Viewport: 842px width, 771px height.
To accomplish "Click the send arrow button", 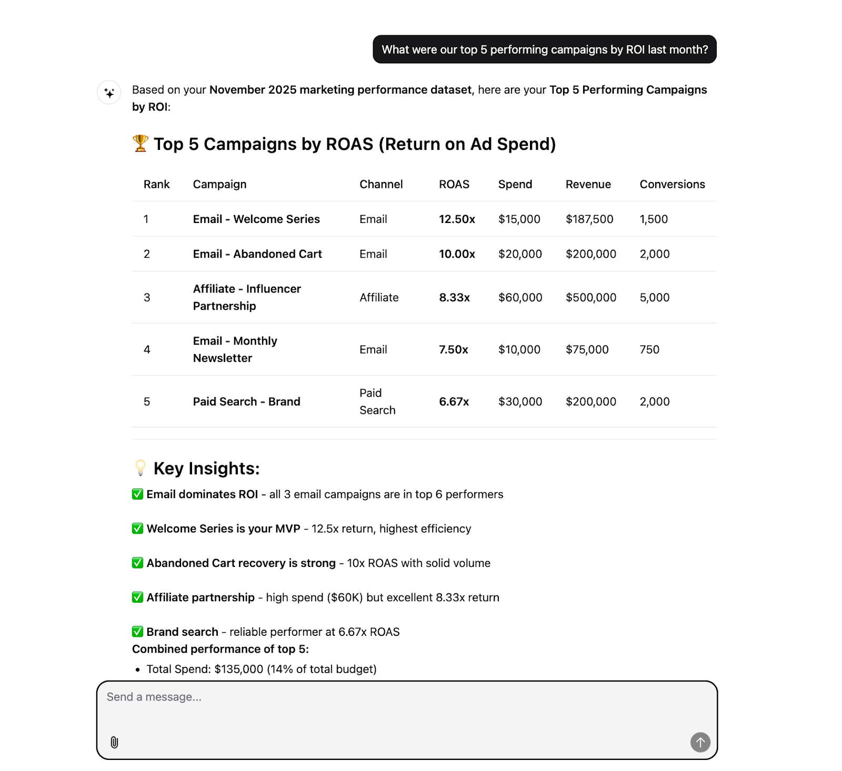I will [x=700, y=742].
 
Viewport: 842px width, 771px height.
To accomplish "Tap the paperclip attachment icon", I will [x=114, y=742].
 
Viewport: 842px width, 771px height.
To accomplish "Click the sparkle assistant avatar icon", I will [x=109, y=93].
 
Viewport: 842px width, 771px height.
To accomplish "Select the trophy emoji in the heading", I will [x=141, y=143].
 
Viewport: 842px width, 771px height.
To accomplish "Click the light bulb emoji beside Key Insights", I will [x=141, y=468].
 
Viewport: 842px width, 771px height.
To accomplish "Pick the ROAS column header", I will [x=454, y=184].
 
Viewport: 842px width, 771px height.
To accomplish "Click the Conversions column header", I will [x=672, y=184].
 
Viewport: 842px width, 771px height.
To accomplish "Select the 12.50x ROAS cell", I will [x=457, y=219].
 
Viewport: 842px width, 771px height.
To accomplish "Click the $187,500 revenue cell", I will [x=589, y=219].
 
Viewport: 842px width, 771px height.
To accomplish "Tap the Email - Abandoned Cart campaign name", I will [x=257, y=254].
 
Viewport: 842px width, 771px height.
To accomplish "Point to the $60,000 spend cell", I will [x=520, y=297].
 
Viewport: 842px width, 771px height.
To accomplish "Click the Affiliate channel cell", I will [x=379, y=297].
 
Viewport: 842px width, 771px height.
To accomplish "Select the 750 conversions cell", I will [x=649, y=349].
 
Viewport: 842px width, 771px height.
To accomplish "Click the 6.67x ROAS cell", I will [x=454, y=401].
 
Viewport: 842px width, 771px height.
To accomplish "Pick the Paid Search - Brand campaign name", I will [x=246, y=401].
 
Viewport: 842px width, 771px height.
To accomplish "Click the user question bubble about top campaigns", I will [x=544, y=49].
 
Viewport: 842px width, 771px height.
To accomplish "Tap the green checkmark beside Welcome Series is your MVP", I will [x=137, y=529].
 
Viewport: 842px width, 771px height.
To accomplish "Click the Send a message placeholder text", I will [x=154, y=697].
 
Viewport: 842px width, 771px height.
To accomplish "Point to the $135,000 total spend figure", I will [x=238, y=669].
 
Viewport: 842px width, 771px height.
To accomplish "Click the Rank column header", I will [x=156, y=184].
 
